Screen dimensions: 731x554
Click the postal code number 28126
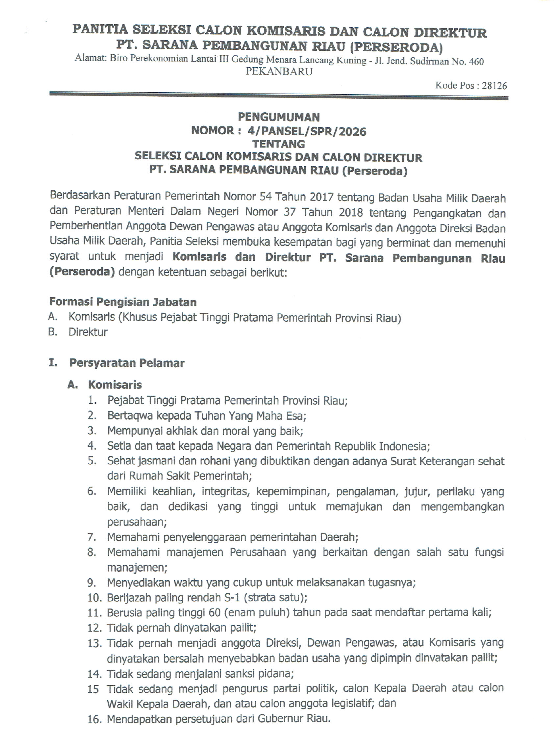coord(494,86)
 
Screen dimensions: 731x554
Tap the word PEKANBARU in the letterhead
coord(279,72)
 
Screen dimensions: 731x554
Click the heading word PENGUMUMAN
coord(279,117)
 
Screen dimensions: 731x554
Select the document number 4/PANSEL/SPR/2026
coord(307,131)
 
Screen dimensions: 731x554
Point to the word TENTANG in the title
coord(279,144)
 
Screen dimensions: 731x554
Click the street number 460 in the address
coord(476,61)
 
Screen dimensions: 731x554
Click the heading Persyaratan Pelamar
coord(127,363)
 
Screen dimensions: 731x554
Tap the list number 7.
coord(92,537)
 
